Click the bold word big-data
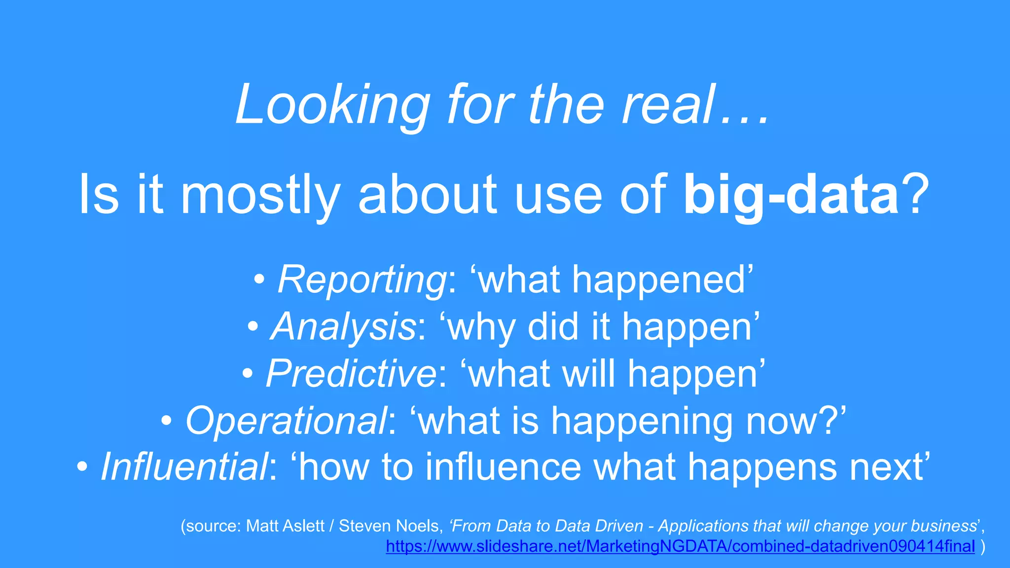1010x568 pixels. coord(791,195)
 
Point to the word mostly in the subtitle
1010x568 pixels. coord(260,195)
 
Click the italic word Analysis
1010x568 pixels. coord(344,327)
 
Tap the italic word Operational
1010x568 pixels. coord(286,421)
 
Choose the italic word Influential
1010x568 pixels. coord(184,467)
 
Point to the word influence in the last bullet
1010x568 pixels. coord(503,467)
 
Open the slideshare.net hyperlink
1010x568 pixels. coord(680,546)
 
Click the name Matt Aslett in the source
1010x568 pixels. coord(285,526)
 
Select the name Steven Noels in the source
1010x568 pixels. coord(388,526)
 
